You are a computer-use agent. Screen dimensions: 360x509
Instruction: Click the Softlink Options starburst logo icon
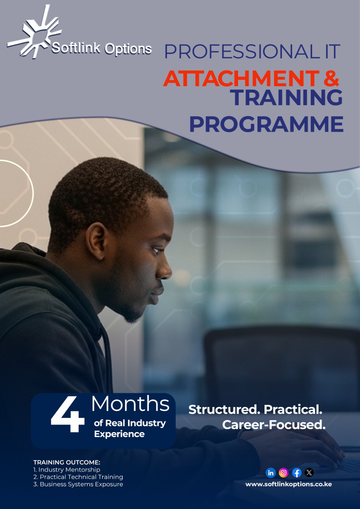coord(34,32)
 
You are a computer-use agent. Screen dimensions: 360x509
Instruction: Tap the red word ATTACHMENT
coord(241,78)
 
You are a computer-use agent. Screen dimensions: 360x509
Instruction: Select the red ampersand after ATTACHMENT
coord(331,78)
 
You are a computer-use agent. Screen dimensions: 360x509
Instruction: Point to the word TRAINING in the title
coord(286,97)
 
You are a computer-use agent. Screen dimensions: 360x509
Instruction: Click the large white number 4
coord(67,414)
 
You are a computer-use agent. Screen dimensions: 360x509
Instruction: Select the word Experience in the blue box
coord(119,434)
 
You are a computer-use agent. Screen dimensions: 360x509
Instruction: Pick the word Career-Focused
coord(274,425)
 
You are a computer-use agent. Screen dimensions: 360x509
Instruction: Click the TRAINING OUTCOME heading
coord(67,463)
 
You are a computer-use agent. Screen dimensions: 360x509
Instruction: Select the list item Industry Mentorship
coord(67,470)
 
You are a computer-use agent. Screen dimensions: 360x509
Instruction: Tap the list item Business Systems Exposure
coord(78,484)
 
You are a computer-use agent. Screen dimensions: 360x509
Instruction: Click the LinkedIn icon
coord(271,473)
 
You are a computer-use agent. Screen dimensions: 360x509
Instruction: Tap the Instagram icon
coord(284,473)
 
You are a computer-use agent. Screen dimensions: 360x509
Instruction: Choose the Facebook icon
coord(297,473)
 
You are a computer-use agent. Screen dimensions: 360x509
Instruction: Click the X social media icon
coord(309,473)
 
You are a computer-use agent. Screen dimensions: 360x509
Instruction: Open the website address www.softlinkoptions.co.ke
coord(289,485)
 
